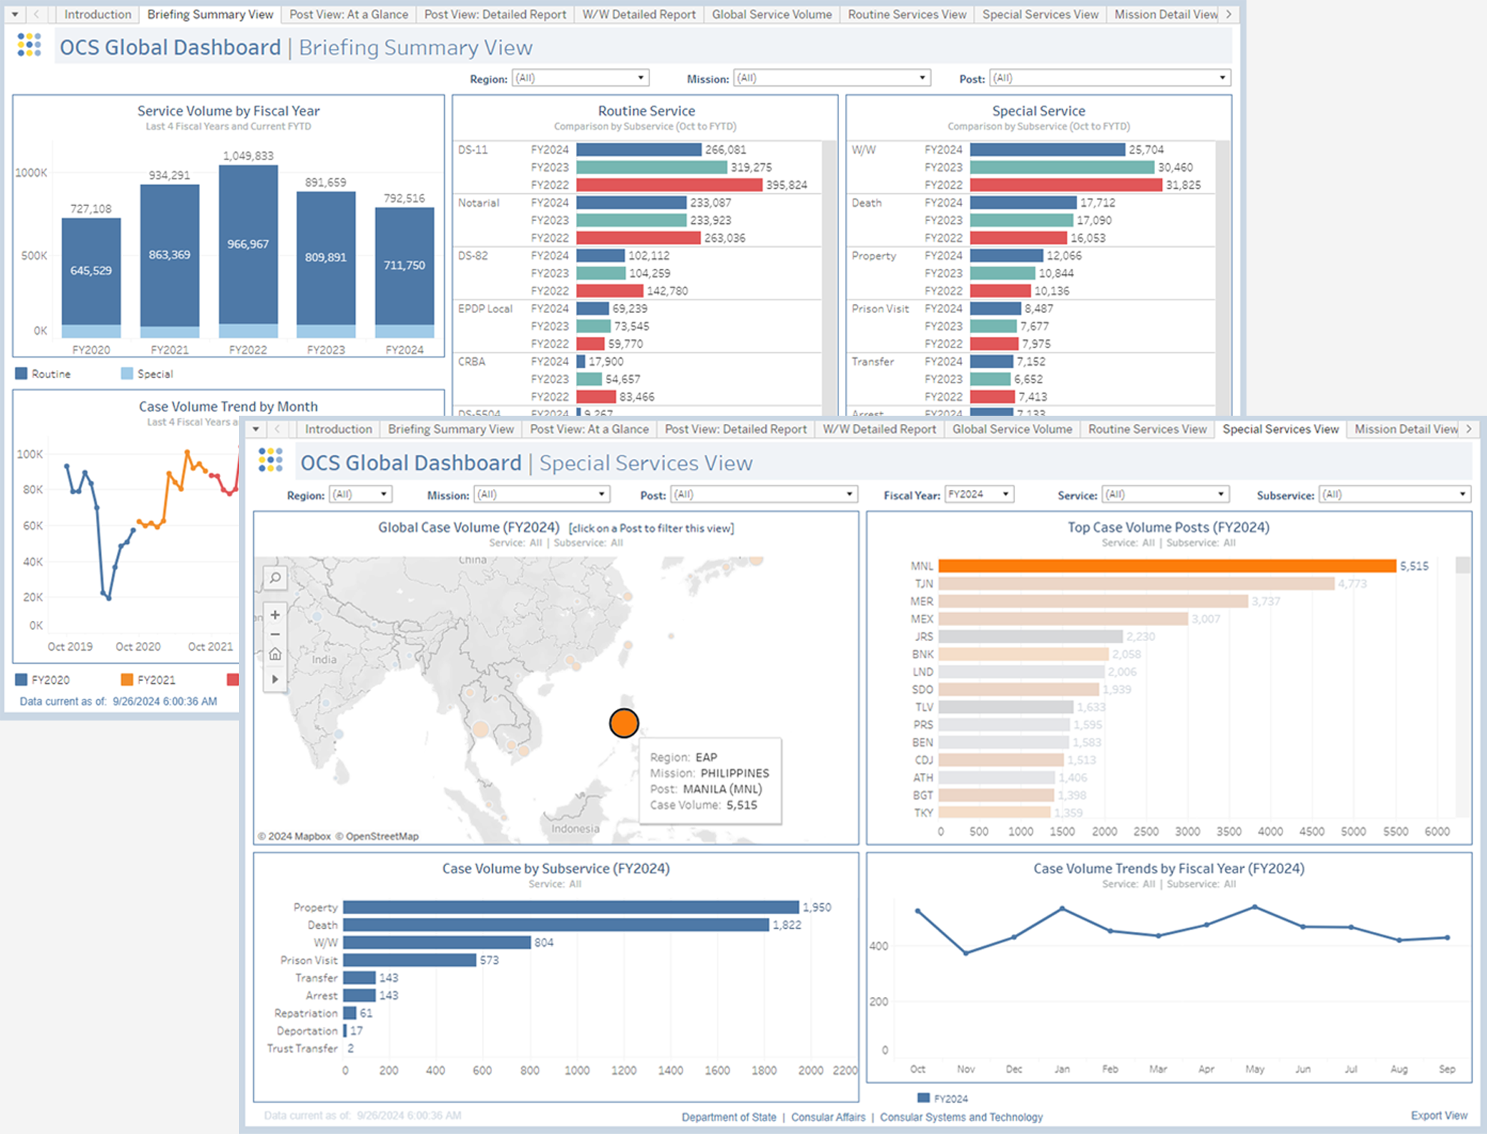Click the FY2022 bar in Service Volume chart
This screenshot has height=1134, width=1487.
point(248,247)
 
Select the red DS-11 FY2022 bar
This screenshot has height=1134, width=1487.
point(668,185)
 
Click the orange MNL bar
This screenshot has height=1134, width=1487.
point(1166,566)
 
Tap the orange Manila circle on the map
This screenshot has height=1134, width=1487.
point(623,723)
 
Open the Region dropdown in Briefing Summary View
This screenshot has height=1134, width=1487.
point(579,78)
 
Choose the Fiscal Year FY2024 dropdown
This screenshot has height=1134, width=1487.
point(978,494)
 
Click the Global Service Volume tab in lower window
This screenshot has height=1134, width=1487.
point(1011,429)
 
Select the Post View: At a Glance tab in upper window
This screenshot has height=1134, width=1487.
point(348,14)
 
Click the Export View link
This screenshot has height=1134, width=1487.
point(1438,1115)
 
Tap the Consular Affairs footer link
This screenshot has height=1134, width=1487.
point(828,1117)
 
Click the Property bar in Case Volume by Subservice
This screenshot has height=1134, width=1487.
point(570,907)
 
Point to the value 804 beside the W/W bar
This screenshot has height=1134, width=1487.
point(544,942)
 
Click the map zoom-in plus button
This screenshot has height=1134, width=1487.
point(275,615)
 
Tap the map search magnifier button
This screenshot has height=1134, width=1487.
point(275,578)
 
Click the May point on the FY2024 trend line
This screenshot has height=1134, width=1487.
point(1255,907)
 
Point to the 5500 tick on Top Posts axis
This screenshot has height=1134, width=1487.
point(1395,831)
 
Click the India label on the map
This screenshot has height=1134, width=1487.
point(324,660)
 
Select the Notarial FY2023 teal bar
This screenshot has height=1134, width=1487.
point(631,220)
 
